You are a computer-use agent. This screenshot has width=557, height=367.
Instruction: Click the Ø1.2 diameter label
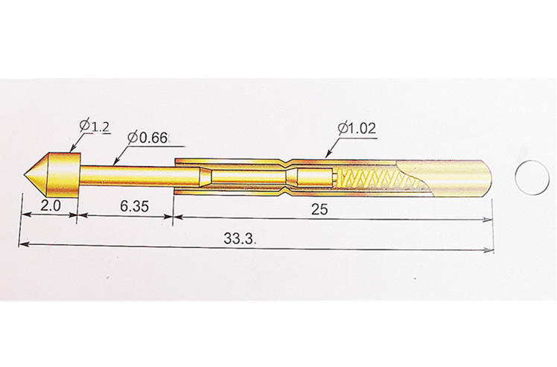point(95,127)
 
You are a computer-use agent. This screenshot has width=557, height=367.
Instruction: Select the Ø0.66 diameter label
point(148,138)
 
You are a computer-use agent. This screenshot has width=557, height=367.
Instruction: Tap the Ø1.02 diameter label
point(356,129)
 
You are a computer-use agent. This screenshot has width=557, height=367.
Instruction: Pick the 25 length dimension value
point(319,210)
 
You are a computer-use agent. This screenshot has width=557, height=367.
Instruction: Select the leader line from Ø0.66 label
point(121,153)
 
